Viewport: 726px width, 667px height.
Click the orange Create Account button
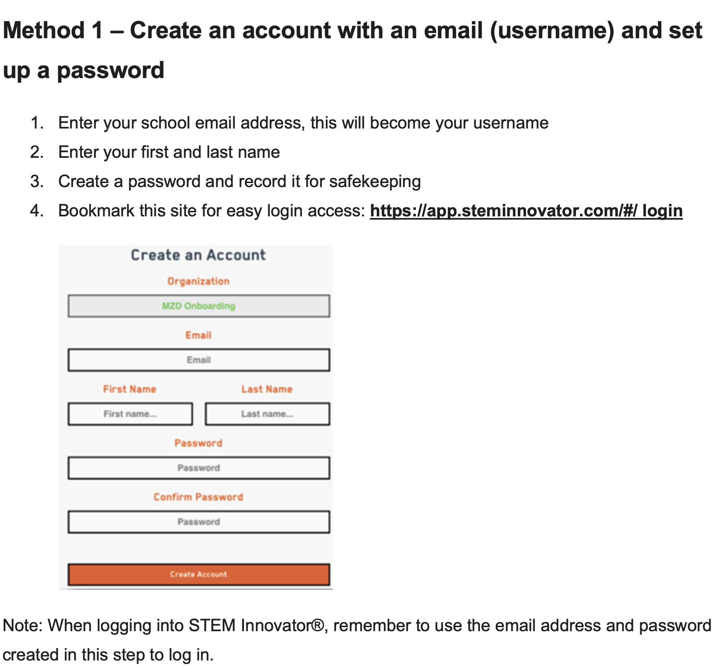(x=198, y=574)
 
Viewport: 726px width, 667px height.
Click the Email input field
(x=198, y=360)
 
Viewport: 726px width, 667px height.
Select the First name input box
(x=130, y=414)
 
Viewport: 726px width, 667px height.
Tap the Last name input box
(x=267, y=414)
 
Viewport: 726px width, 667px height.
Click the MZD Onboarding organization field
(x=198, y=306)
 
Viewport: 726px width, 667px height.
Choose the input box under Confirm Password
(x=198, y=522)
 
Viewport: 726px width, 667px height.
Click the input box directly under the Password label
(x=198, y=468)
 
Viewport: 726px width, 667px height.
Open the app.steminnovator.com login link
(x=526, y=211)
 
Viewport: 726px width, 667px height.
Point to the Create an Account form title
(x=198, y=255)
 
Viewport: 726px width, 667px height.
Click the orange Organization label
(x=198, y=281)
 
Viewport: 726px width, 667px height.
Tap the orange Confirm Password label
(x=198, y=497)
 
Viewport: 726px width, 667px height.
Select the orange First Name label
(x=130, y=389)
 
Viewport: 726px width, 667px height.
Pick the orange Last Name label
(x=267, y=389)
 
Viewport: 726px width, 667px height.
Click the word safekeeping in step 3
(x=375, y=181)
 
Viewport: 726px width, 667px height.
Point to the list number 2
(x=37, y=152)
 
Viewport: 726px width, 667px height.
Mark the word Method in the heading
(x=43, y=31)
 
